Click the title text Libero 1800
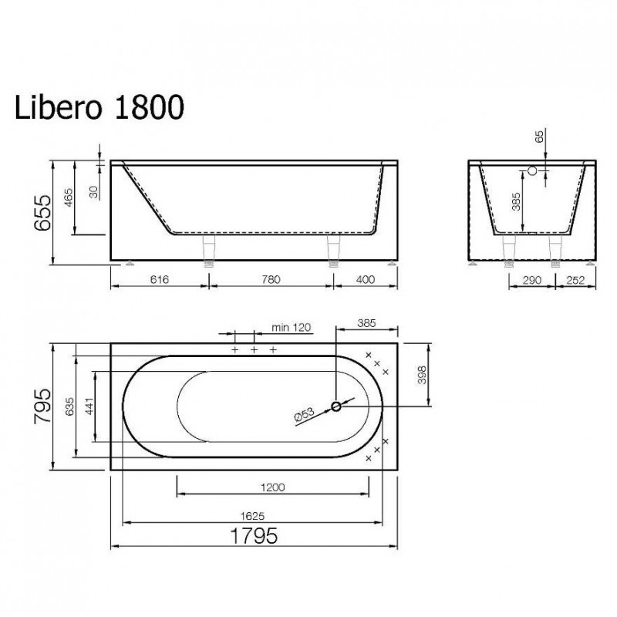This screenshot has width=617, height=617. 99,106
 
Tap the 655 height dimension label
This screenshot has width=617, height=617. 42,213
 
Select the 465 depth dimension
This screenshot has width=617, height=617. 68,198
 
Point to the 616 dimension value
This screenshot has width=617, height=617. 160,279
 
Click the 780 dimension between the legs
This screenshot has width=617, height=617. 271,279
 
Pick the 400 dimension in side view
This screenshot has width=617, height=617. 365,279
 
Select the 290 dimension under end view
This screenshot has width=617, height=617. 532,280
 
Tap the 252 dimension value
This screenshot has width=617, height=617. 575,280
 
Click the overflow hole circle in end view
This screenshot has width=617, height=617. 532,170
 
